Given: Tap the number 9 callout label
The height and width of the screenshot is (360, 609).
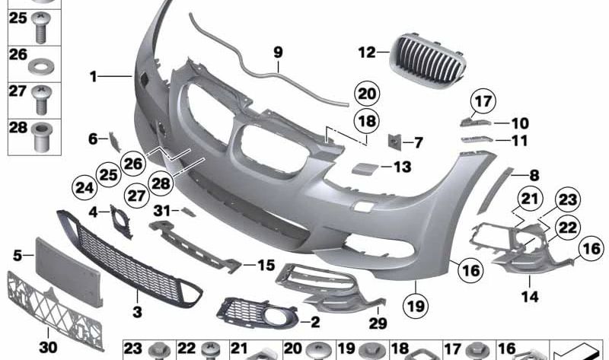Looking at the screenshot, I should [278, 53].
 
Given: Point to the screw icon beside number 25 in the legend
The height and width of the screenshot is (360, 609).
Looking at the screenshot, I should [40, 27].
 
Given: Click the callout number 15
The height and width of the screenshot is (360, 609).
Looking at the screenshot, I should [265, 266].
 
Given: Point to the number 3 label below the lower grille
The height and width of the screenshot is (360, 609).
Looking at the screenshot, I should [137, 311].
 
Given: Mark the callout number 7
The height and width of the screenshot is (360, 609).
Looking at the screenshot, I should [418, 142].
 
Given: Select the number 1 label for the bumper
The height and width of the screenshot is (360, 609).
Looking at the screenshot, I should [93, 76].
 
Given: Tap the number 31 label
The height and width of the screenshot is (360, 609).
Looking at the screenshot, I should [161, 210].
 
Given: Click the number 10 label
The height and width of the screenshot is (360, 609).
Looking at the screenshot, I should [520, 123].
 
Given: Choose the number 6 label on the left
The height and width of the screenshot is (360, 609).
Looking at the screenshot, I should [93, 139].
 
